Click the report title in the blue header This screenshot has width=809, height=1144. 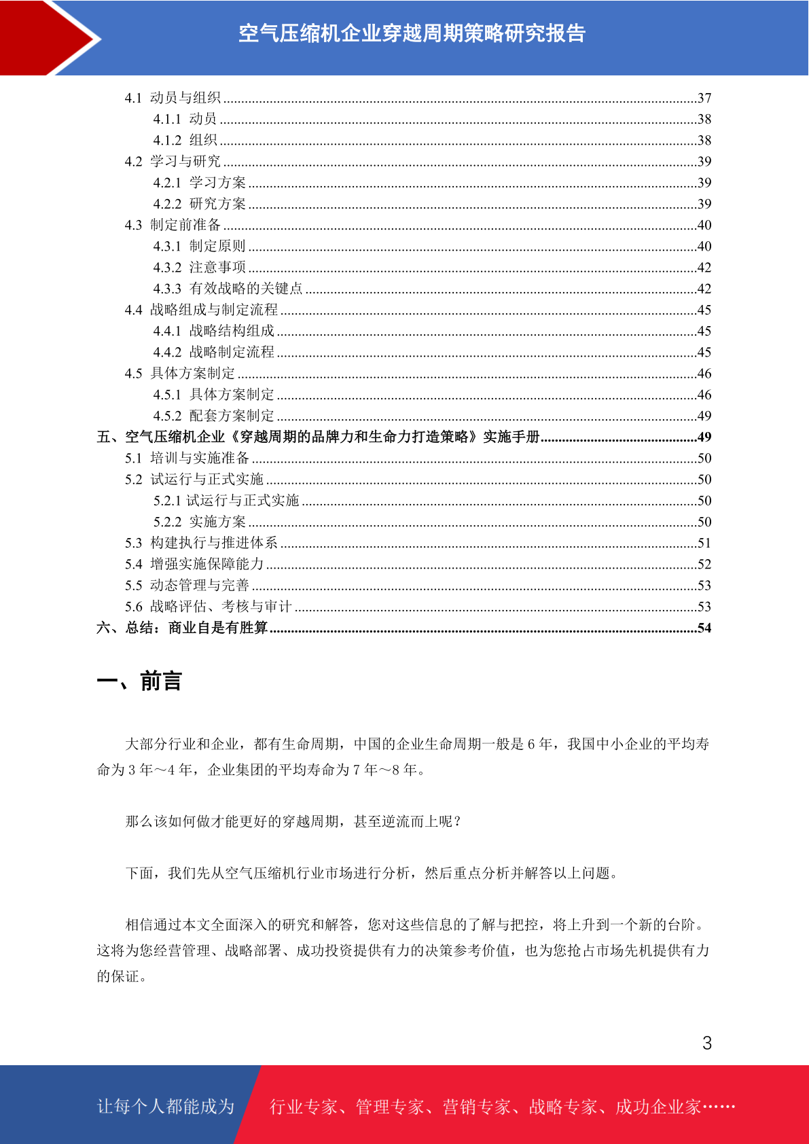(x=412, y=33)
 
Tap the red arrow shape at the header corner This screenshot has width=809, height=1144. (x=41, y=37)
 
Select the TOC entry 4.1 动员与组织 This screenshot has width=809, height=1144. (x=173, y=98)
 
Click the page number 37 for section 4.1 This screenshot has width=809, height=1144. (x=704, y=98)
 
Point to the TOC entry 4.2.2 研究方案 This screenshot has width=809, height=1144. (x=199, y=204)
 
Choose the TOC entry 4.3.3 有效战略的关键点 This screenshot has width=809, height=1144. (x=228, y=289)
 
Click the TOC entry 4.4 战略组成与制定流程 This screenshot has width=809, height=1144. (x=201, y=310)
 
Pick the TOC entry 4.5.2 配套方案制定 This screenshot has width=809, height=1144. (x=213, y=416)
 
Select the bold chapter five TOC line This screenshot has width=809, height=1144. (x=318, y=437)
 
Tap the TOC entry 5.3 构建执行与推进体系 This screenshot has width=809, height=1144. (x=201, y=543)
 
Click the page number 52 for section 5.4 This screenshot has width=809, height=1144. (x=704, y=564)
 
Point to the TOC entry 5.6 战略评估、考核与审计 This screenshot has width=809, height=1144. (x=208, y=607)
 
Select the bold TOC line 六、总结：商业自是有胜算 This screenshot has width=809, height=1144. (x=182, y=628)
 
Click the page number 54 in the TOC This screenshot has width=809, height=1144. (x=704, y=628)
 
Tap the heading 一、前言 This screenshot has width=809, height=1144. (x=139, y=681)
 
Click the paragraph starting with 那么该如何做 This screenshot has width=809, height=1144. (x=293, y=821)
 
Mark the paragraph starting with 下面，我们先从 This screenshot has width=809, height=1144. (x=372, y=873)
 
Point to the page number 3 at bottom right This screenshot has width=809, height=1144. (x=707, y=1043)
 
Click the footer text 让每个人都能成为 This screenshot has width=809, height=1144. (x=166, y=1107)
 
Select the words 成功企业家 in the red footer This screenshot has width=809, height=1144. (x=658, y=1107)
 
